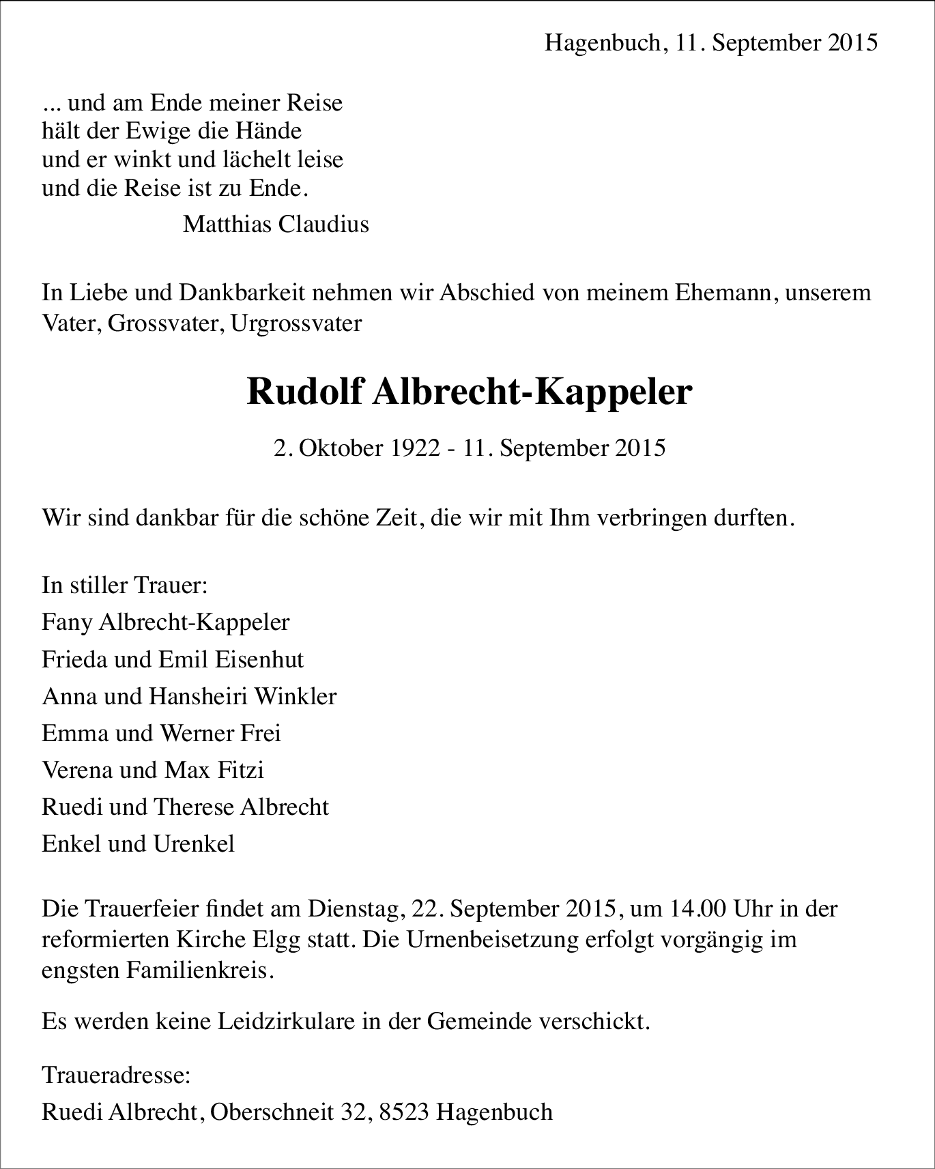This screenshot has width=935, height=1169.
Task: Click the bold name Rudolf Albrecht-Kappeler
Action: tap(469, 392)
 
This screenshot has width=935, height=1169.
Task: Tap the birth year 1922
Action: tap(416, 448)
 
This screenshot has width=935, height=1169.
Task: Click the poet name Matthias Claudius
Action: tap(276, 224)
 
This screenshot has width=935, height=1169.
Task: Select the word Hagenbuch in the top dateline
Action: tap(603, 43)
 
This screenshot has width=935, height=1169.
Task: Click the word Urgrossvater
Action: tap(296, 323)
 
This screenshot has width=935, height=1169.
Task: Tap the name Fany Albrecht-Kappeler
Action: tap(165, 622)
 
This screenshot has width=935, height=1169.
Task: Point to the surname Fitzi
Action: tap(241, 770)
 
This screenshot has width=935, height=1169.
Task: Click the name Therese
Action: tap(194, 807)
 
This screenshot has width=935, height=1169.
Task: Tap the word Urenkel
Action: tap(194, 843)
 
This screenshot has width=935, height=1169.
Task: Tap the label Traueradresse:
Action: tap(116, 1076)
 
